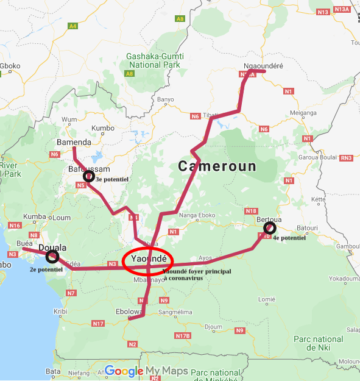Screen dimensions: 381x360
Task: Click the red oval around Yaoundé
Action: pos(148,260)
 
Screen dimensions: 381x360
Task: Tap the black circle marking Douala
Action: pos(53,256)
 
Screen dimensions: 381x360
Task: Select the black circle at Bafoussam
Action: pos(89,177)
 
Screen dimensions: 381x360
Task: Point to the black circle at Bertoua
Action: pos(269,229)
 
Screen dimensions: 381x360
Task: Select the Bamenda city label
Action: pos(74,143)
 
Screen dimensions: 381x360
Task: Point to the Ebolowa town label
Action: pos(129,312)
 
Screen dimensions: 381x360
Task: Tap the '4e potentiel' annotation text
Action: pos(289,238)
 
